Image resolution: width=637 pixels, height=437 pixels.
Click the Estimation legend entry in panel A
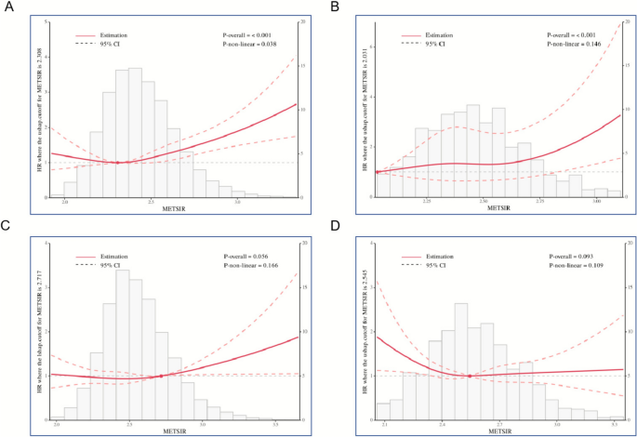111,34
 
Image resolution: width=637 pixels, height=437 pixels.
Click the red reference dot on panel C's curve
161,376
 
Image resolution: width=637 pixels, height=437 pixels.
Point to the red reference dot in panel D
470,376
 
